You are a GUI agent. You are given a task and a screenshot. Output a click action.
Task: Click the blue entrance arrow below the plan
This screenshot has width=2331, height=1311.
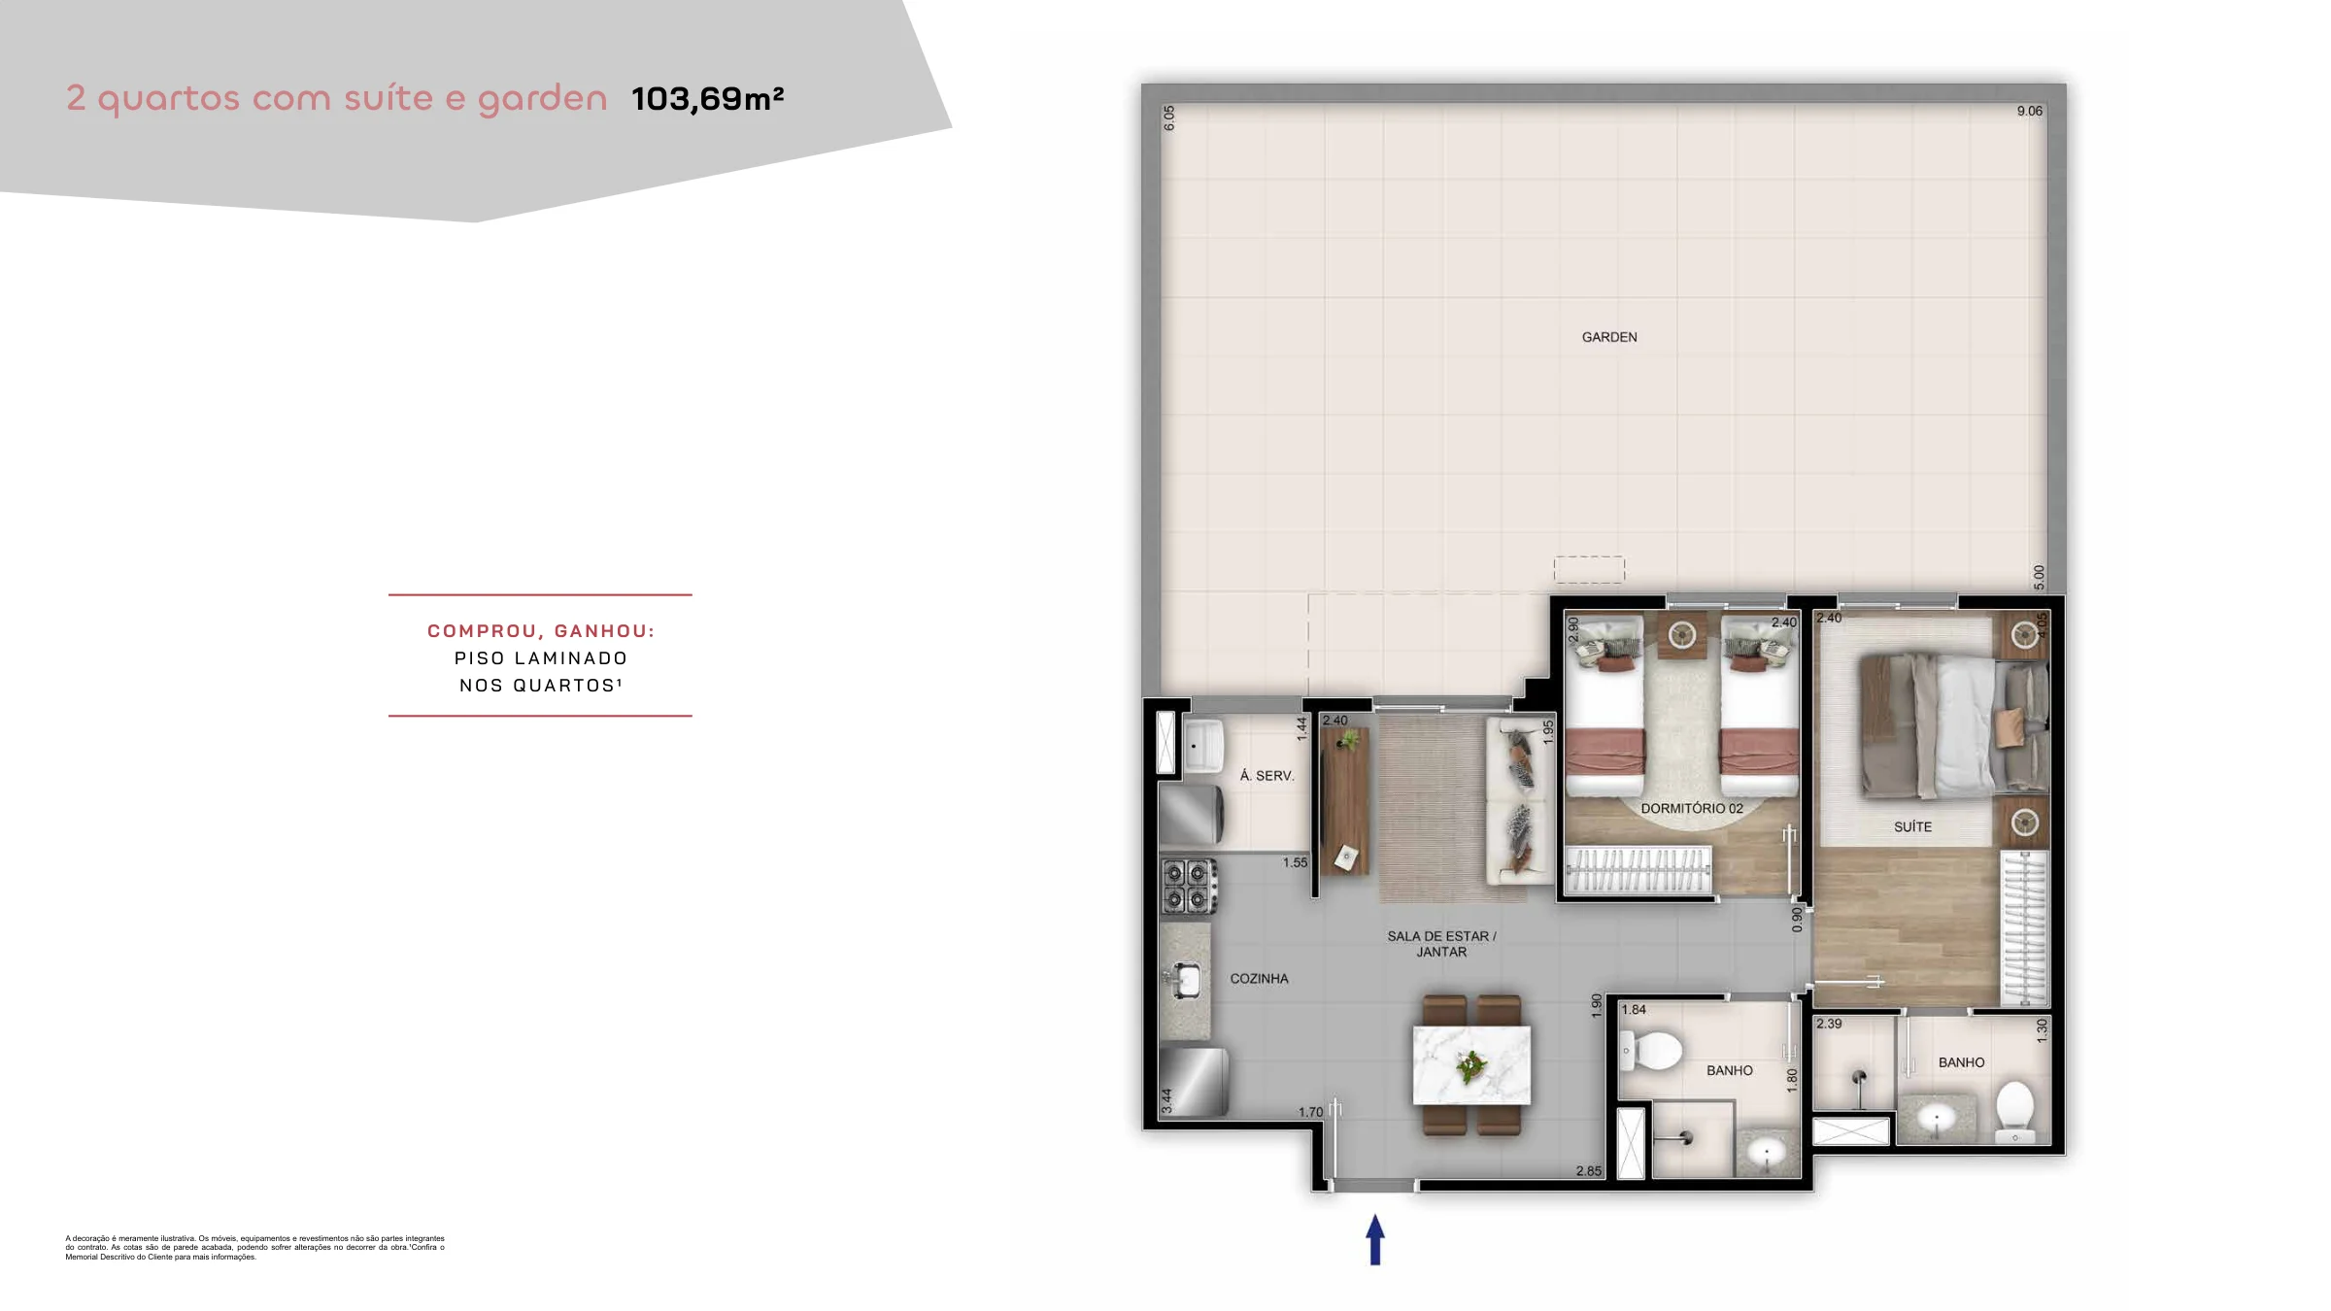click(x=1374, y=1240)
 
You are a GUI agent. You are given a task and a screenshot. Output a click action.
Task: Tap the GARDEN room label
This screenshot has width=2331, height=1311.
click(x=1609, y=337)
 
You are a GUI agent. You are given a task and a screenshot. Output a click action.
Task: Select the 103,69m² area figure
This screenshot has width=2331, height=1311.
click(x=707, y=99)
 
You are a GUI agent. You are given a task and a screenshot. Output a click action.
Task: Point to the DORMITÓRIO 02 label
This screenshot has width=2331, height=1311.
click(x=1692, y=808)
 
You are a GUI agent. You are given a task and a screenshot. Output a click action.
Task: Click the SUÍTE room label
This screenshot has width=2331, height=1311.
click(x=1912, y=826)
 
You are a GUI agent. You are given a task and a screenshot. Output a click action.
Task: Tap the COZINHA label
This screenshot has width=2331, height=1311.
click(x=1259, y=979)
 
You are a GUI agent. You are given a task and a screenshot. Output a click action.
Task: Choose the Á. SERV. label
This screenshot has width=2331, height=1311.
click(x=1267, y=776)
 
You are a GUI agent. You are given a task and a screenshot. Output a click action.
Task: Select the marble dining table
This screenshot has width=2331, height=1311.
click(x=1471, y=1065)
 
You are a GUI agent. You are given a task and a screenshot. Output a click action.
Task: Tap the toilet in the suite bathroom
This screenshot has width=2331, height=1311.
click(x=2014, y=1111)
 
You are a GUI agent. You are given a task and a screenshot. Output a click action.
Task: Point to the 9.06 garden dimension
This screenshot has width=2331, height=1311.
click(x=2029, y=112)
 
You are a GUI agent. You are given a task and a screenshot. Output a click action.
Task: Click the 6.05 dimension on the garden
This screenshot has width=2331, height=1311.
click(x=1169, y=118)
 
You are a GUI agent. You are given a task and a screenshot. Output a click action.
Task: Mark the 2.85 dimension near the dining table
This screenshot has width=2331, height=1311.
click(x=1588, y=1171)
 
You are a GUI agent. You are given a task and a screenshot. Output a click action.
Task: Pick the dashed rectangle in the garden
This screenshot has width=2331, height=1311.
click(x=1589, y=570)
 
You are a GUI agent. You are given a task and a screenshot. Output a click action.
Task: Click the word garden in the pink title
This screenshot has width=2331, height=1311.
click(x=542, y=100)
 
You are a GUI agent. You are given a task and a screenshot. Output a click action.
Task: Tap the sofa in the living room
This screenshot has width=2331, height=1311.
click(x=1519, y=800)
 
